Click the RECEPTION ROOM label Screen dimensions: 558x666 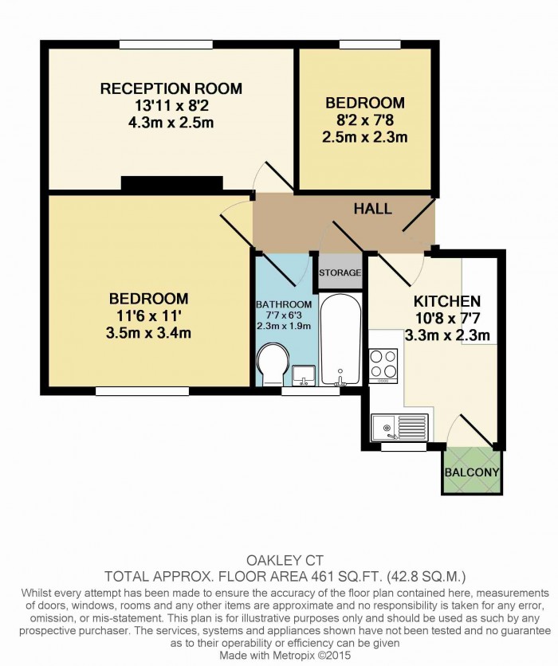pos(171,88)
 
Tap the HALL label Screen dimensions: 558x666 pos(373,209)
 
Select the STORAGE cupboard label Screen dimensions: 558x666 pos(340,272)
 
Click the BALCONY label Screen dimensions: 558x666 pos(472,472)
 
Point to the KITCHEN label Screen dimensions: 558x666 pos(447,301)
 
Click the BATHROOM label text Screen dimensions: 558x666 pos(284,304)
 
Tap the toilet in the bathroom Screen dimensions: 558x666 pos(273,366)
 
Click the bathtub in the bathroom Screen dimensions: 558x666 pos(341,339)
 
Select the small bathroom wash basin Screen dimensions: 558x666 pos(304,375)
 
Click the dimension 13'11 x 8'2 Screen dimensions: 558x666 pos(171,105)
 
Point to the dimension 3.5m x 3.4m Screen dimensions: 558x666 pos(148,332)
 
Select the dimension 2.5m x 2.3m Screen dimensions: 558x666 pos(365,137)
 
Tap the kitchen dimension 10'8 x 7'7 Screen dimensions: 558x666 pos(447,318)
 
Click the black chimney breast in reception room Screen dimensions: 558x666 pos(172,183)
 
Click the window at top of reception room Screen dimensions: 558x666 pos(166,44)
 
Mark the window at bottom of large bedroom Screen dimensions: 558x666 pos(142,391)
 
